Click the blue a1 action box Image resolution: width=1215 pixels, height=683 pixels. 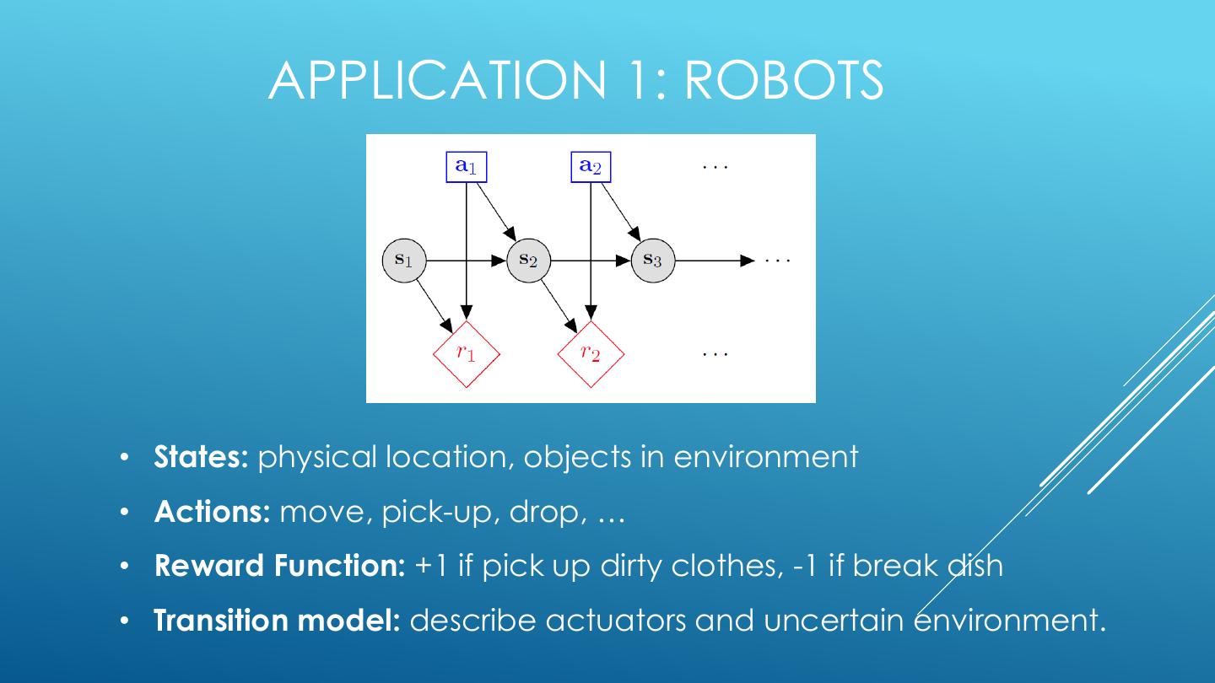[467, 166]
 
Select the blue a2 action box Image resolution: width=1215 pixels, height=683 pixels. [591, 166]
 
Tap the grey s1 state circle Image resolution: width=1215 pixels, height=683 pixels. [405, 261]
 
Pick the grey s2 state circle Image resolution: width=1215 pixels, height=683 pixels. [528, 261]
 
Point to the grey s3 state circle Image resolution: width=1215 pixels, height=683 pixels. [653, 261]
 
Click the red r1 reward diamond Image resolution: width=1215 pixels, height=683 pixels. [467, 353]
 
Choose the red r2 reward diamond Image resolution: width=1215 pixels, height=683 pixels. [591, 353]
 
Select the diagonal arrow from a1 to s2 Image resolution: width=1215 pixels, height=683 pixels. [497, 212]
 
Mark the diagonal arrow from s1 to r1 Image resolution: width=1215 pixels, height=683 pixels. [435, 304]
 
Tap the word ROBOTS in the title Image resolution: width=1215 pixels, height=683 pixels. [783, 80]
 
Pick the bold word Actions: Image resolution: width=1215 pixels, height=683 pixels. [212, 512]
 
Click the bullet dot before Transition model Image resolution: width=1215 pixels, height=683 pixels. [124, 621]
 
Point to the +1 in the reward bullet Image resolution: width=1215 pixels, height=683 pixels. [432, 565]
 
